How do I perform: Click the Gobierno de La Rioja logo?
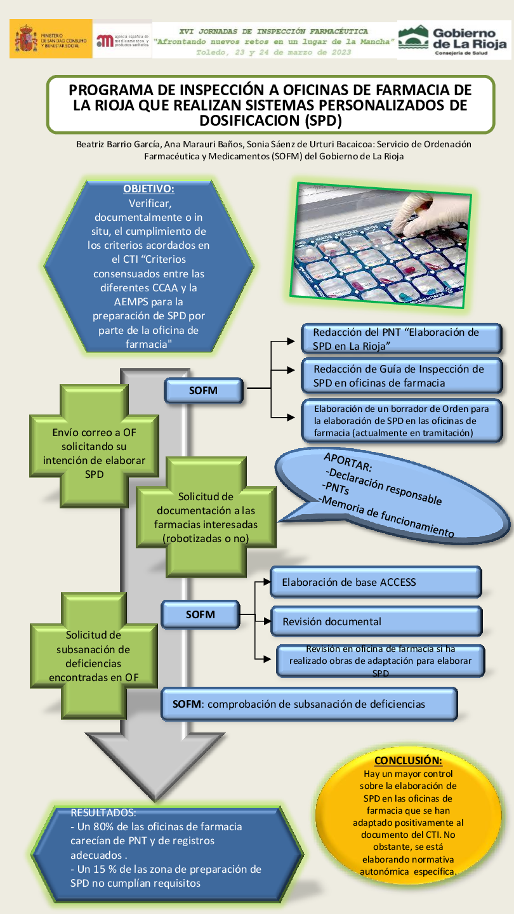pyautogui.click(x=454, y=40)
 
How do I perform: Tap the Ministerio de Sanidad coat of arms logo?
pyautogui.click(x=26, y=39)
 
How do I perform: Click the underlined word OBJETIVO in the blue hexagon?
pyautogui.click(x=148, y=189)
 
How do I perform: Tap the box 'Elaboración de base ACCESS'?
pyautogui.click(x=376, y=582)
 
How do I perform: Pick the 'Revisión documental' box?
pyautogui.click(x=376, y=621)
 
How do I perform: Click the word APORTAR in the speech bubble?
pyautogui.click(x=348, y=463)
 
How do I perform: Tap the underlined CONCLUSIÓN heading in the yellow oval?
pyautogui.click(x=407, y=760)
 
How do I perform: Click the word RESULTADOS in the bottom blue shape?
pyautogui.click(x=103, y=812)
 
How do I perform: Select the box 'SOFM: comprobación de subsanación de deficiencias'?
pyautogui.click(x=310, y=704)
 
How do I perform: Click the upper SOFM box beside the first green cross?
pyautogui.click(x=203, y=391)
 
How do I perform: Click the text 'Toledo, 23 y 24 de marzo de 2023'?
pyautogui.click(x=273, y=52)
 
